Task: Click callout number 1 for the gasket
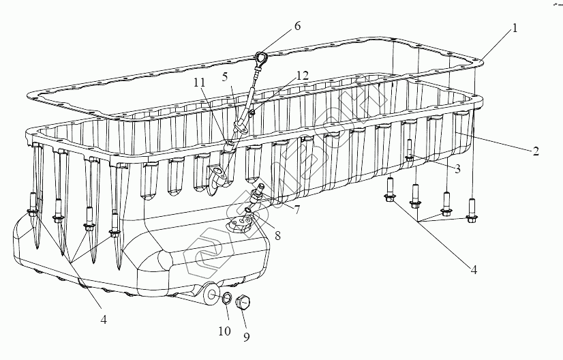(515, 29)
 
